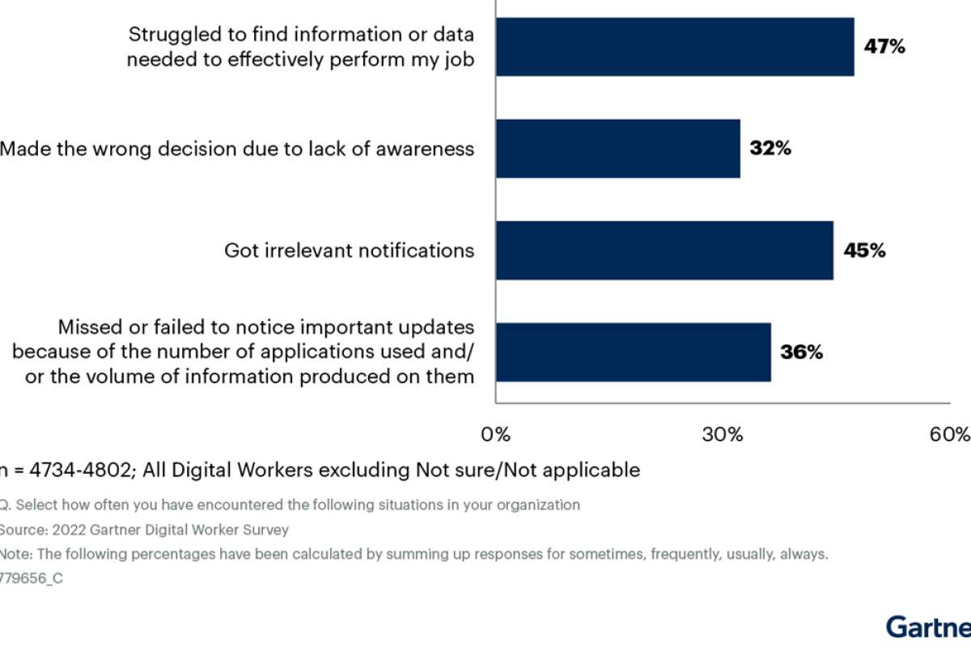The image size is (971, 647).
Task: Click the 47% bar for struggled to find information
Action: (675, 47)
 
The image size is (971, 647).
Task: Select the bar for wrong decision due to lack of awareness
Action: (617, 149)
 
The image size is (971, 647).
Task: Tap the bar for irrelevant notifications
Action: (664, 251)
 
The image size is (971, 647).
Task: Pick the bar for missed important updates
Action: (633, 353)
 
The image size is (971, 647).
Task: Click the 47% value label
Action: (884, 47)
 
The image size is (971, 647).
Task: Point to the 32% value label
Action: (770, 149)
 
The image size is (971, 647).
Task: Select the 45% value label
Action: (864, 251)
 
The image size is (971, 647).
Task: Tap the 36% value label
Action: (801, 353)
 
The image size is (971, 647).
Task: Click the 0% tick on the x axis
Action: (495, 435)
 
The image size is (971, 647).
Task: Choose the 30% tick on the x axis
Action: (723, 435)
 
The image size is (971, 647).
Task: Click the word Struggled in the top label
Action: (171, 35)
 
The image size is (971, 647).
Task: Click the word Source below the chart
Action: (18, 530)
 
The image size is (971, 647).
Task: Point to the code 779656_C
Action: (31, 578)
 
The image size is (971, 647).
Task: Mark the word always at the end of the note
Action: (804, 555)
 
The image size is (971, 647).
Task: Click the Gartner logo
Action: (929, 627)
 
